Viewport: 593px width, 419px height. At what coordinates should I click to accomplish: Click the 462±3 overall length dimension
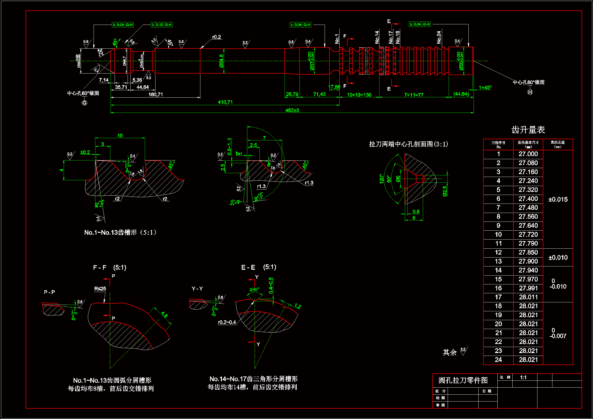(x=292, y=110)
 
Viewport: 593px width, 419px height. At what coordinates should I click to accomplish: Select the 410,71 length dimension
(x=225, y=102)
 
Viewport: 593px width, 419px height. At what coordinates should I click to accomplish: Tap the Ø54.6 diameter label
(x=221, y=61)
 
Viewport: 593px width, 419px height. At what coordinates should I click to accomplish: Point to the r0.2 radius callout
(x=216, y=37)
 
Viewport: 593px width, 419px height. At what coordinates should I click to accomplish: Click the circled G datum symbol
(x=84, y=103)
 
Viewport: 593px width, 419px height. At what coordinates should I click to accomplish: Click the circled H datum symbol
(x=530, y=92)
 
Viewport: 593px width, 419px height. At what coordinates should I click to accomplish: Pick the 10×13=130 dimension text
(x=359, y=95)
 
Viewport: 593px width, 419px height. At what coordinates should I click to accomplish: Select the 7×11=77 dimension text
(x=413, y=95)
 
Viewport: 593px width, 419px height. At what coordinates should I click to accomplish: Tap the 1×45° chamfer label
(x=485, y=87)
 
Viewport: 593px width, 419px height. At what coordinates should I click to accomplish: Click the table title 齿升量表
(x=528, y=130)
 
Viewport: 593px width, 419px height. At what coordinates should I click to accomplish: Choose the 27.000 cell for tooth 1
(x=528, y=154)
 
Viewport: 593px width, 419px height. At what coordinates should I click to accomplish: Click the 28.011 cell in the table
(x=528, y=297)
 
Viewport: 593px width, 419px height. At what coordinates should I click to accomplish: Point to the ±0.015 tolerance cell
(x=558, y=199)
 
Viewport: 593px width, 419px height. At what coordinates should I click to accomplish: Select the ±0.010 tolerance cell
(x=558, y=257)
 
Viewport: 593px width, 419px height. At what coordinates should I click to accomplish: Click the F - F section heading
(x=100, y=267)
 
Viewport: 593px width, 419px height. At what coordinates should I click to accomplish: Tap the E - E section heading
(x=248, y=267)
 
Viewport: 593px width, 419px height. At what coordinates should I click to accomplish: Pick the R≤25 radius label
(x=100, y=289)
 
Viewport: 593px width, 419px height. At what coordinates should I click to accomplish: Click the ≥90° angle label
(x=254, y=289)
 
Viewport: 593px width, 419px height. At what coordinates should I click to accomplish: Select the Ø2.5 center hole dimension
(x=445, y=191)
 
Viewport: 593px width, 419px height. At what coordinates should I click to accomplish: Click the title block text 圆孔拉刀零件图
(x=463, y=380)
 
